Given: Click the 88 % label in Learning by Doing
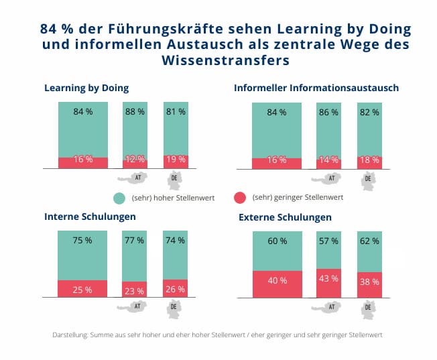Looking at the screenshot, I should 135,112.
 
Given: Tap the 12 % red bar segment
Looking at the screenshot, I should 135,161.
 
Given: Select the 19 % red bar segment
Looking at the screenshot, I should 176,161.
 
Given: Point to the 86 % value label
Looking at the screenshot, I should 328,112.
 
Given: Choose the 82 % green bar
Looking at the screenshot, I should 369,131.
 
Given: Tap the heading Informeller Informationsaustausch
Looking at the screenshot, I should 316,88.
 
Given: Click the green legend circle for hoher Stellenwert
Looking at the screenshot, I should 120,198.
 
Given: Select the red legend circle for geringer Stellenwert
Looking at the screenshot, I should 239,198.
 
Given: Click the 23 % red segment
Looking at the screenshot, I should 135,290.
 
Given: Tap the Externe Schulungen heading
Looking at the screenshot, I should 286,218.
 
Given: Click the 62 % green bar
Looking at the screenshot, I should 369,251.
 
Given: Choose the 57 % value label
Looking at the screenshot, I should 328,241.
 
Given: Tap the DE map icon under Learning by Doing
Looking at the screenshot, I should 176,179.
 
